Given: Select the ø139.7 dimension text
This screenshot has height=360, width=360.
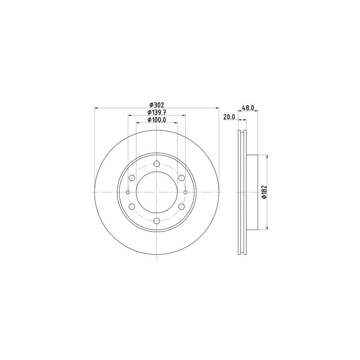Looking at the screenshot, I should [x=156, y=112].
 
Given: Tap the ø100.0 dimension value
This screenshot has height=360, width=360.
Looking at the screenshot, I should [x=156, y=120].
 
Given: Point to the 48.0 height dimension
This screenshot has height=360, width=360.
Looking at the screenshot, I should [x=248, y=108].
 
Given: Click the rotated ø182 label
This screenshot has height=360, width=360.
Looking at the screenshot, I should [x=264, y=192].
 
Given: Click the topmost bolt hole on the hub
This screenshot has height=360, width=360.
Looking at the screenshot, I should [x=156, y=164].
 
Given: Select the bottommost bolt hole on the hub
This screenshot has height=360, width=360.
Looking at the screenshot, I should [x=156, y=221].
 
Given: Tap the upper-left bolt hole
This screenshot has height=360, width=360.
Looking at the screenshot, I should [x=132, y=178].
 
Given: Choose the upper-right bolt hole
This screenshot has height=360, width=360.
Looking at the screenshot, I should [x=181, y=178].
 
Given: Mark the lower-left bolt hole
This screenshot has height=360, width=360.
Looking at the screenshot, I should [x=132, y=206].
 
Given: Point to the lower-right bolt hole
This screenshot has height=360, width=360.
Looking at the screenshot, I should [x=181, y=206].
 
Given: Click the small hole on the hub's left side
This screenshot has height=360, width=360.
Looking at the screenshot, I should [x=128, y=192].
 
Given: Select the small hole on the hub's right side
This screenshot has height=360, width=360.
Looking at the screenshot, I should [x=185, y=192].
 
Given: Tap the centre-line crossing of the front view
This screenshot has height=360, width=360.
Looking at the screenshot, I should [x=156, y=192].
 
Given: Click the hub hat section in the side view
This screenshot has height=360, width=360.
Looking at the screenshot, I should [x=252, y=192].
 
